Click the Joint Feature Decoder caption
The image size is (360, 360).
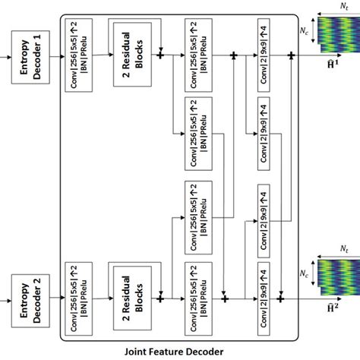point(179,351)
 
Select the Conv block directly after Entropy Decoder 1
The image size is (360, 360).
point(79,55)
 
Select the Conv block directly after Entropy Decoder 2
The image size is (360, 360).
point(79,293)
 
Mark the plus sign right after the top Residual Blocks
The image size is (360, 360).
point(161,55)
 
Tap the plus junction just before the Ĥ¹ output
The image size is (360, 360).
point(292,55)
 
